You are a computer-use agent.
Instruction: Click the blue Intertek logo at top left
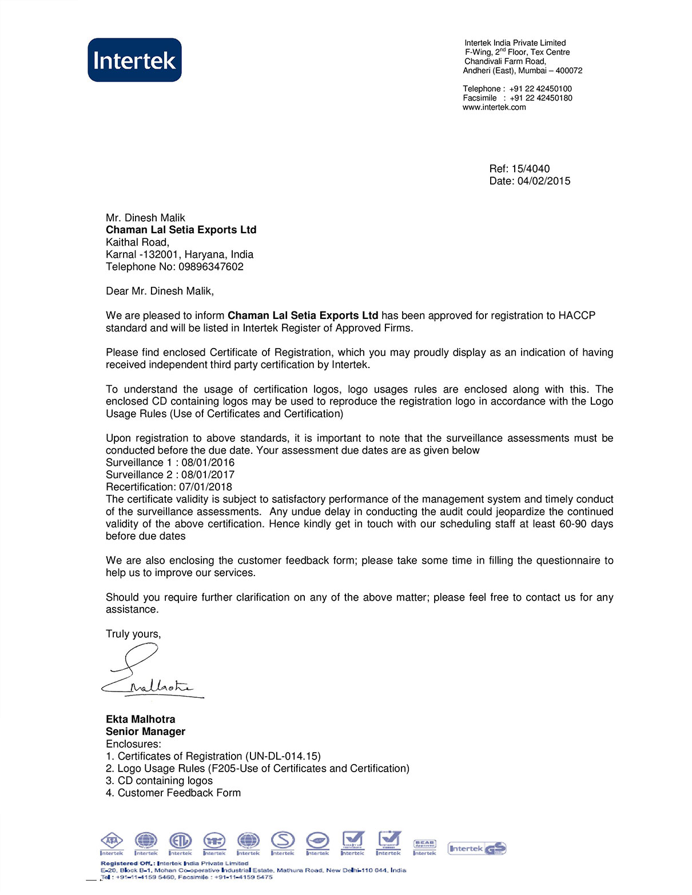click(134, 60)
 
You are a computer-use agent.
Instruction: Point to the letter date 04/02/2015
click(544, 181)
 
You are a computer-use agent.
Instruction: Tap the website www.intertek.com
click(494, 107)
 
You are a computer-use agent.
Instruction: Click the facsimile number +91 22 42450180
click(540, 98)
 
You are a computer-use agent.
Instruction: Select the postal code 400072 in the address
click(569, 71)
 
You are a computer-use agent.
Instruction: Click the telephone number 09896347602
click(211, 267)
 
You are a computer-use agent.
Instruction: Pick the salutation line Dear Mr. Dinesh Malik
click(160, 291)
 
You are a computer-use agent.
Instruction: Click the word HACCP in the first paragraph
click(576, 315)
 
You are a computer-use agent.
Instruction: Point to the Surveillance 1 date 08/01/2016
click(208, 462)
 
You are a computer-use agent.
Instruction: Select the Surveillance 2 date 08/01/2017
click(208, 475)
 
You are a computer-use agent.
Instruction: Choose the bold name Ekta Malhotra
click(141, 719)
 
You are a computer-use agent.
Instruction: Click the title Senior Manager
click(145, 732)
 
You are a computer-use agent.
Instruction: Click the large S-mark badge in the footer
click(283, 841)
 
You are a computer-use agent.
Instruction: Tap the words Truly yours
click(133, 634)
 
